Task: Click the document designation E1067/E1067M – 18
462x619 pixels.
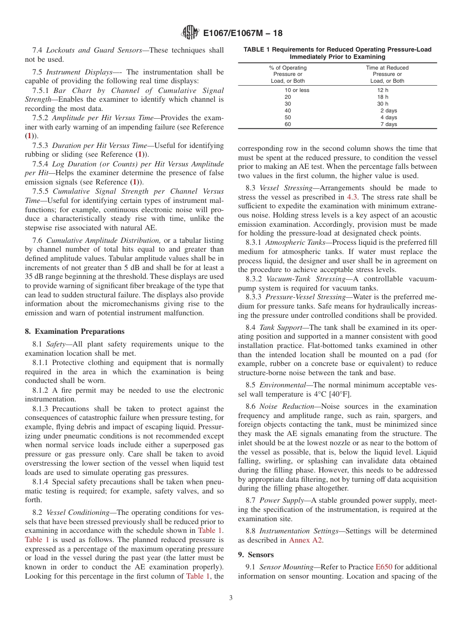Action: tap(242, 34)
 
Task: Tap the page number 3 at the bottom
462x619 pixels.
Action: tap(231, 598)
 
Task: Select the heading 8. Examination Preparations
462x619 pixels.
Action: tap(74, 331)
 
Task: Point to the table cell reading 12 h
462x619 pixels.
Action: tap(383, 91)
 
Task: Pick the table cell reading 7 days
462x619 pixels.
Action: tap(389, 125)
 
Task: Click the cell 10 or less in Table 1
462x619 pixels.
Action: tap(297, 91)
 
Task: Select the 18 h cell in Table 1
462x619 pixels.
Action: tap(383, 97)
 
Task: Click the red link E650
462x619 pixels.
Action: tap(382, 567)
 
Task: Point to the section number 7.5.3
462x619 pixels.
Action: tap(41, 146)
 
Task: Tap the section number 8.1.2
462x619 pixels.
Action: tap(41, 390)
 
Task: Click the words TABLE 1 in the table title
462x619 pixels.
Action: tap(258, 50)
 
